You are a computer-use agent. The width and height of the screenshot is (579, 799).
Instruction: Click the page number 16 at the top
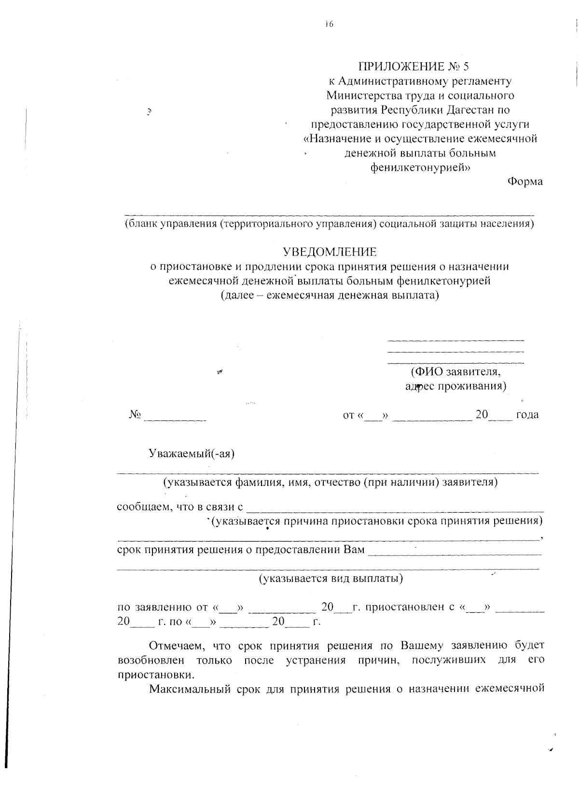[329, 24]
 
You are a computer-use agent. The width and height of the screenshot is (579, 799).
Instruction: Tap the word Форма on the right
[525, 182]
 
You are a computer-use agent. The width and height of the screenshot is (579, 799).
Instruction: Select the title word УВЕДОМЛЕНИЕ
[330, 252]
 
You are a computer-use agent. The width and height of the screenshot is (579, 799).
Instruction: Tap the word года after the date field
[527, 415]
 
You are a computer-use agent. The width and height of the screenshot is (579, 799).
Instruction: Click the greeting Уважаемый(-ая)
[192, 453]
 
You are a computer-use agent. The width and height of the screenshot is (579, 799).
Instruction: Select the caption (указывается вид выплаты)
[331, 578]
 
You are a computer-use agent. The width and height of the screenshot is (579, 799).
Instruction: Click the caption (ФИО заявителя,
[455, 372]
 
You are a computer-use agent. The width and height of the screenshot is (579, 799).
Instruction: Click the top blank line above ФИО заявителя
[455, 340]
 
